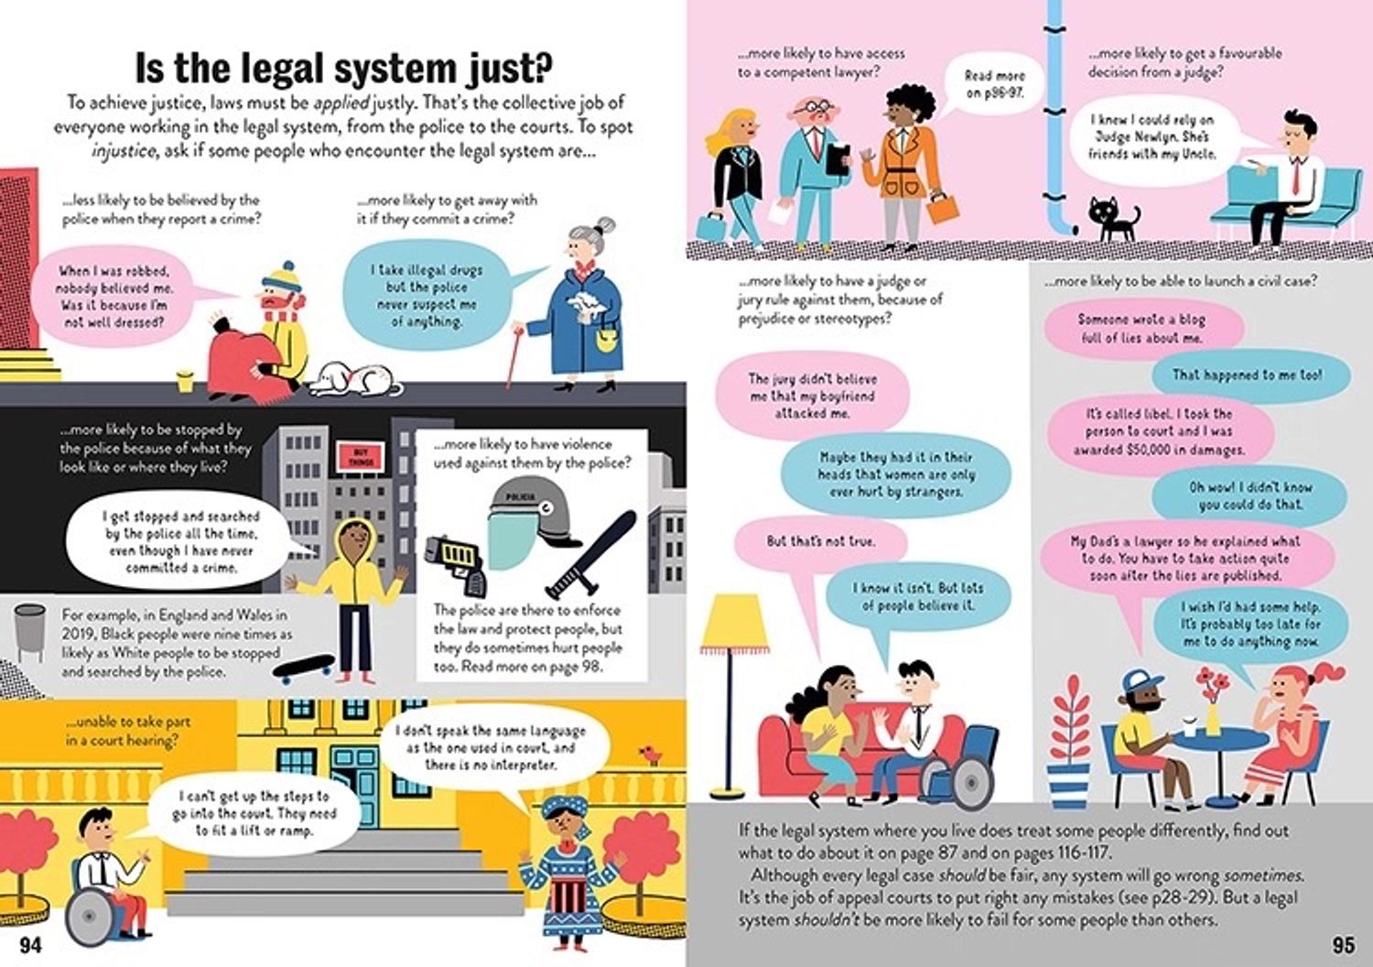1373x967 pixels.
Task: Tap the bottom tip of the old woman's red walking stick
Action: tap(508, 387)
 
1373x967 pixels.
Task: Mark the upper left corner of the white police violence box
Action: tap(416, 429)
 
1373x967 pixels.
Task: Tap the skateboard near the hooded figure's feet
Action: tap(304, 668)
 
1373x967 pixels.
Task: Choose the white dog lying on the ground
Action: tap(354, 380)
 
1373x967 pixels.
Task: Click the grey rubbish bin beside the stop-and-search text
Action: tap(29, 632)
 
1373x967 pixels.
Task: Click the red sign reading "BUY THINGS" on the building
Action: tap(360, 458)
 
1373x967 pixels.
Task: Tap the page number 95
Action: tap(1344, 946)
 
